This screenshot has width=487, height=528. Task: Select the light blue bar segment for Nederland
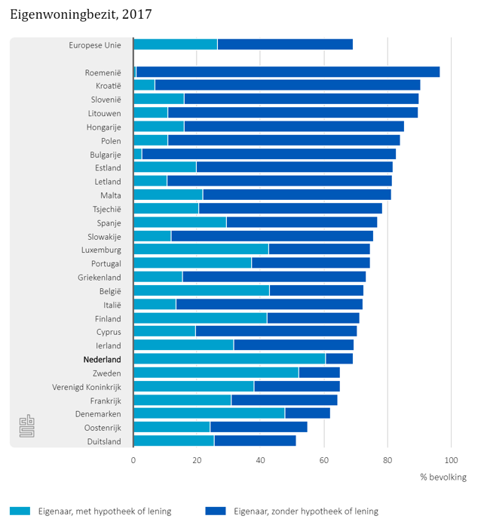click(x=229, y=358)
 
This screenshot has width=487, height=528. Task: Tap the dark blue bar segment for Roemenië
click(x=288, y=72)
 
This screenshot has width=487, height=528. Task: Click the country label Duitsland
click(x=104, y=441)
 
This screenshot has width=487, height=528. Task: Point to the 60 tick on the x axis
click(x=324, y=459)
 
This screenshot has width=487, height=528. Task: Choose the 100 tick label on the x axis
click(x=451, y=459)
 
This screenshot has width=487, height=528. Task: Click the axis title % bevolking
click(x=443, y=477)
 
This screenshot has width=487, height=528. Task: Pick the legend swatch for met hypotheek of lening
click(x=20, y=511)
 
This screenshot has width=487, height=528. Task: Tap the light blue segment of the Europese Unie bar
click(x=175, y=45)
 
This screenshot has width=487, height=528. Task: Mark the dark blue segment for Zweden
click(x=319, y=372)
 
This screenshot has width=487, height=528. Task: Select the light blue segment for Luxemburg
click(x=201, y=250)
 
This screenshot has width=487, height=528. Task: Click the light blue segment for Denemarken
click(x=209, y=413)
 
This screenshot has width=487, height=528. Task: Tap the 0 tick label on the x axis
click(x=133, y=459)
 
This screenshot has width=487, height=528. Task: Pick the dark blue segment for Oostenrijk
click(x=259, y=427)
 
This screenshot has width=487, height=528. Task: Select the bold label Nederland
click(x=103, y=359)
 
